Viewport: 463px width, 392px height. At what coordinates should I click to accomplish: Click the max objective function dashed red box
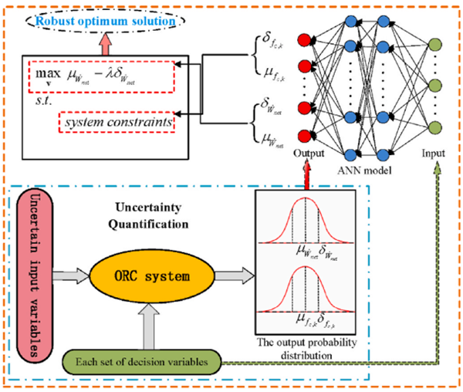[100, 74]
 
